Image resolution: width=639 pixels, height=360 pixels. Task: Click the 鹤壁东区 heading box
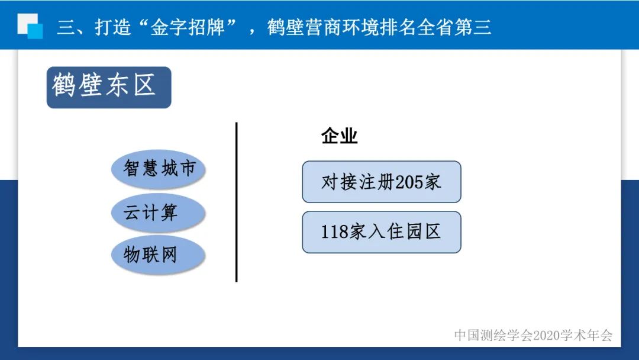point(108,87)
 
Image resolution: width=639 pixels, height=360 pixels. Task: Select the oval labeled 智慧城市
point(158,169)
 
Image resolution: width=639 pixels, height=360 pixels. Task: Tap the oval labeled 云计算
point(158,213)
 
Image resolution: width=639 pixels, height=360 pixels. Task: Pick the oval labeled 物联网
point(158,255)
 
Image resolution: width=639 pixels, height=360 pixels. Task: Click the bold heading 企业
point(339,137)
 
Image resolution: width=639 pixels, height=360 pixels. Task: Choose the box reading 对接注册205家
point(381,182)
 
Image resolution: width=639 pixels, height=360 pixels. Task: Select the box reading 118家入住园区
point(381,232)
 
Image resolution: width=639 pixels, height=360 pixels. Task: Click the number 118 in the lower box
point(334,232)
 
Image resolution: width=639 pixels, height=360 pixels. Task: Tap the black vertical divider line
point(236,202)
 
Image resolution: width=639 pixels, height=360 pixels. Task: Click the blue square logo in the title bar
point(30,26)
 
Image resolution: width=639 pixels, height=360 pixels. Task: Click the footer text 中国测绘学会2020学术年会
point(533,335)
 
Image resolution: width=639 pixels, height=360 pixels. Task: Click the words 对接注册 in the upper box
point(358,182)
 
